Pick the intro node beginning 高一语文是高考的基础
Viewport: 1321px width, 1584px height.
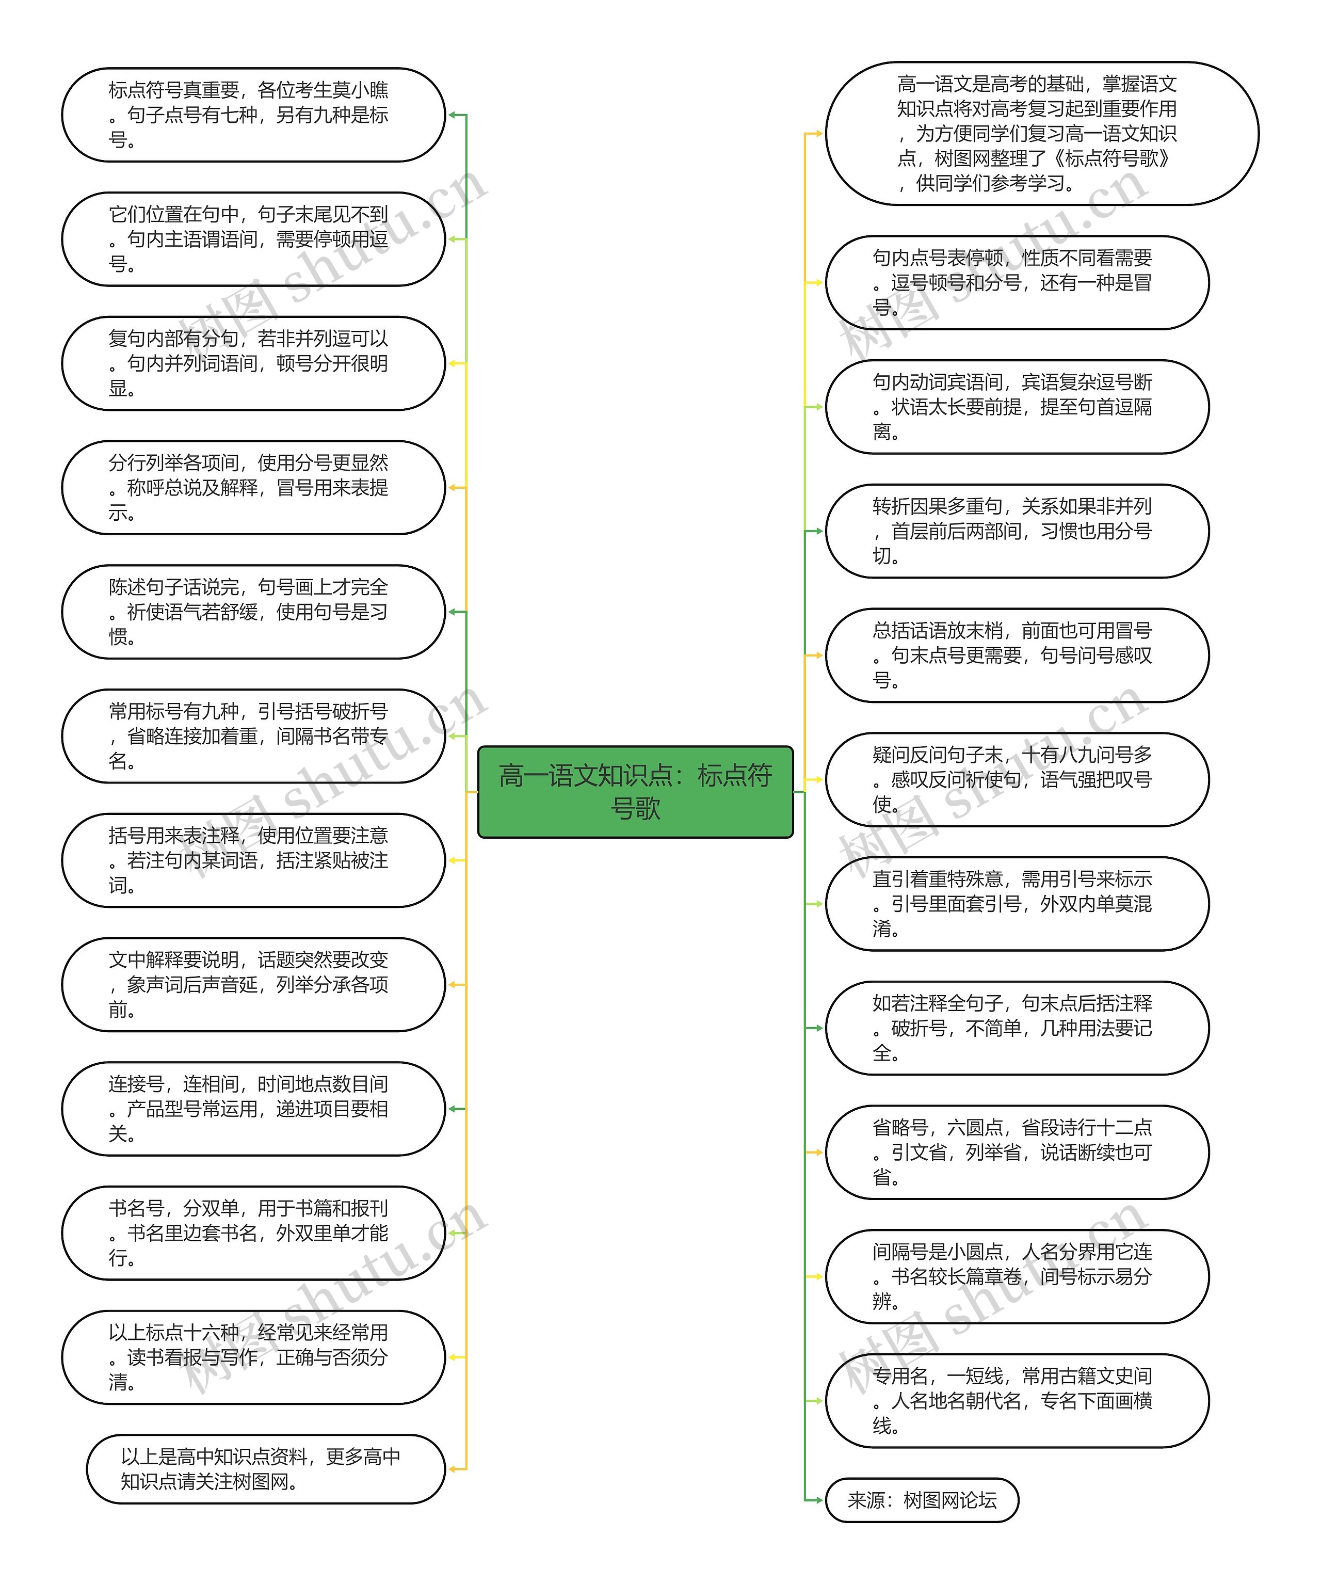click(x=1041, y=134)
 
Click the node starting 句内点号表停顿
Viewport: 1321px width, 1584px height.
click(x=1017, y=283)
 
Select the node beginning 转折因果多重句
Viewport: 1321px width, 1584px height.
click(x=1017, y=531)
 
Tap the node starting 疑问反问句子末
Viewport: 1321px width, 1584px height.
click(x=1017, y=779)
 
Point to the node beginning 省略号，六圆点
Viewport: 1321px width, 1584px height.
click(x=1017, y=1152)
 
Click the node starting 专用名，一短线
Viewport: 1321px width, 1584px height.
click(x=1017, y=1401)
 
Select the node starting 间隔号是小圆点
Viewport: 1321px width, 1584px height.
click(x=1017, y=1276)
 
